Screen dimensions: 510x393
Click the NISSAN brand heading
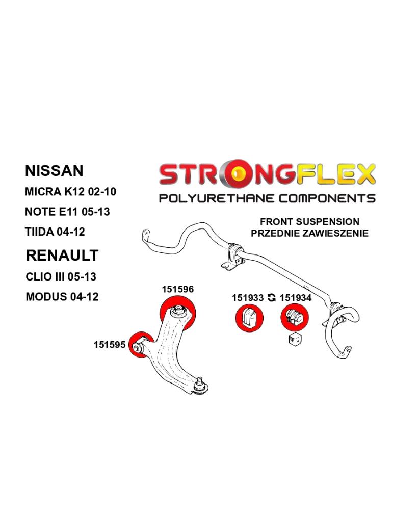pos(54,170)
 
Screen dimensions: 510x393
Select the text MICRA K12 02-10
pos(70,192)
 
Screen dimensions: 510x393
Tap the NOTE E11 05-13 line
pos(67,211)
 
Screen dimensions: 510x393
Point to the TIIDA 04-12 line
pos(55,232)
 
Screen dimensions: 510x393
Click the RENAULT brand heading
pos(62,255)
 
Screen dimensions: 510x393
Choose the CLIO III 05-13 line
pos(60,277)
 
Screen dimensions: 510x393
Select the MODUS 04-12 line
pos(61,297)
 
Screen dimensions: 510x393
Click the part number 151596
pos(177,289)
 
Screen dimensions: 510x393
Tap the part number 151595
pos(109,345)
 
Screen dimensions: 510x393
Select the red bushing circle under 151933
pos(249,318)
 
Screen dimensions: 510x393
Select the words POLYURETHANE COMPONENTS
pos(267,198)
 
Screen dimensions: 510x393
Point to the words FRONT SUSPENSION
pos(309,222)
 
